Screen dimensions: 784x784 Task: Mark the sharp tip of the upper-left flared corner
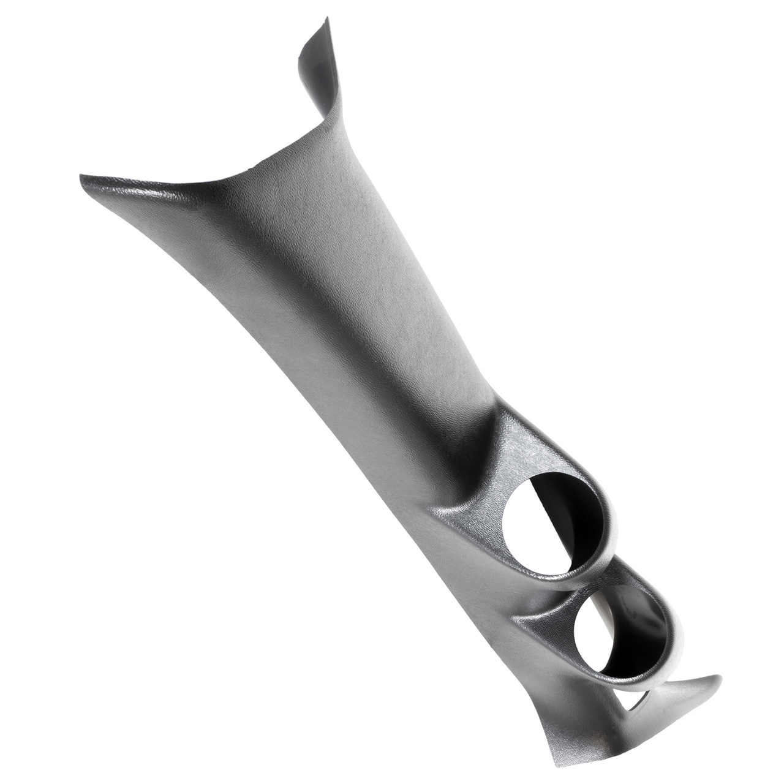pos(81,177)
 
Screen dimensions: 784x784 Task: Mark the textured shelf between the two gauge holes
pos(551,603)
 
